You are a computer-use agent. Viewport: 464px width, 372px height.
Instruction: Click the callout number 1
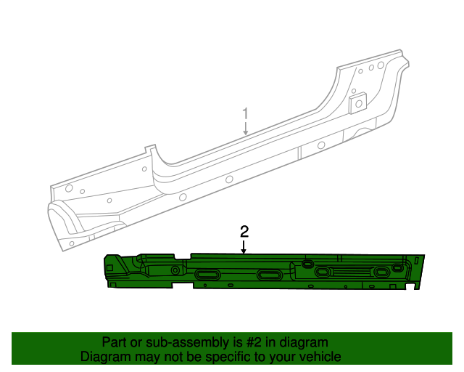tap(245, 113)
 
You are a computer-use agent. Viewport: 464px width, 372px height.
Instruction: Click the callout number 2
tap(244, 231)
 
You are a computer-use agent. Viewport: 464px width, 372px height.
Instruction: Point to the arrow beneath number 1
tap(245, 129)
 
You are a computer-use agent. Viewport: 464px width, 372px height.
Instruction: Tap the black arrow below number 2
tap(244, 247)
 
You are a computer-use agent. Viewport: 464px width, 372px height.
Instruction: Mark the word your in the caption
tap(282, 357)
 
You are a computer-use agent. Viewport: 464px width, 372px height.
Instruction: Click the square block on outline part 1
tap(357, 102)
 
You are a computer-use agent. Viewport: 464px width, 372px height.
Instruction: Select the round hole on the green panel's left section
tap(175, 270)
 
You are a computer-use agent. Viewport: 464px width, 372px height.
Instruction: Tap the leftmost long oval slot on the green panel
tap(208, 274)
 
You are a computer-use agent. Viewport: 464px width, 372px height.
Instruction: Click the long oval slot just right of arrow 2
tap(268, 276)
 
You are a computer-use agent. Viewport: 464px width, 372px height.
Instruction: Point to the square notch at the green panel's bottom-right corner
tap(417, 286)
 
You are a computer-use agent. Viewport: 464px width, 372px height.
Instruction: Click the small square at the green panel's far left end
tap(109, 267)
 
